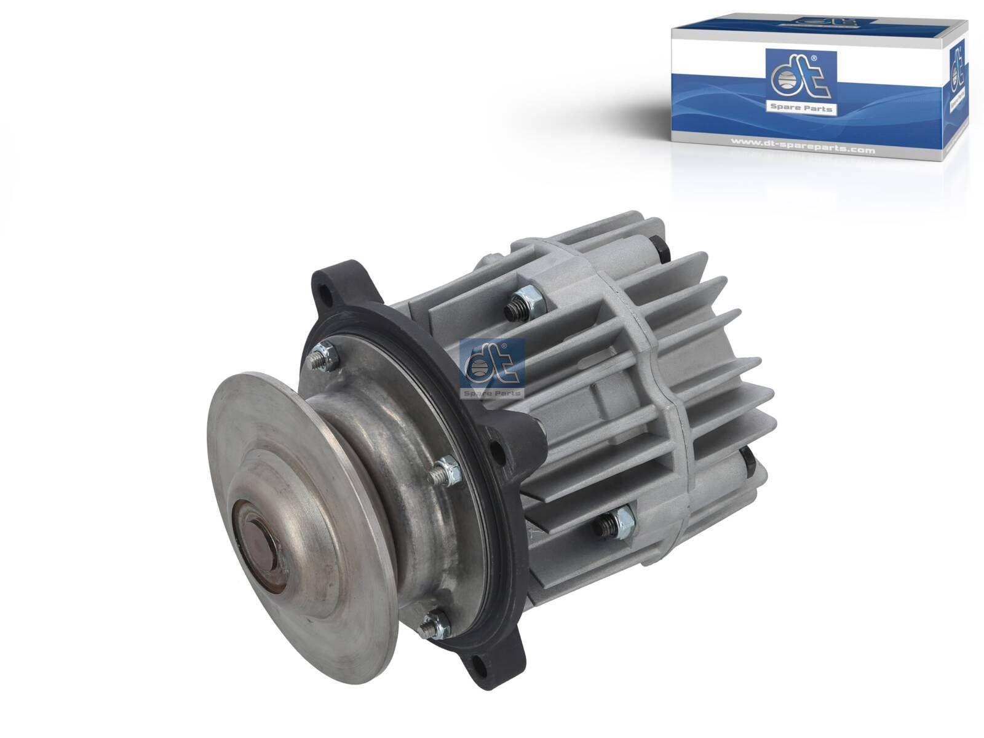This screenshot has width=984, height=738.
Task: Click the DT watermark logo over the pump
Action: pos(491,367)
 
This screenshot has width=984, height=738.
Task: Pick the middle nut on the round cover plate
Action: pos(446,470)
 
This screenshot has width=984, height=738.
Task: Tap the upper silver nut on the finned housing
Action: pos(523,305)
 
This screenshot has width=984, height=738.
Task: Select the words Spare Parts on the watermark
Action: pos(491,392)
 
